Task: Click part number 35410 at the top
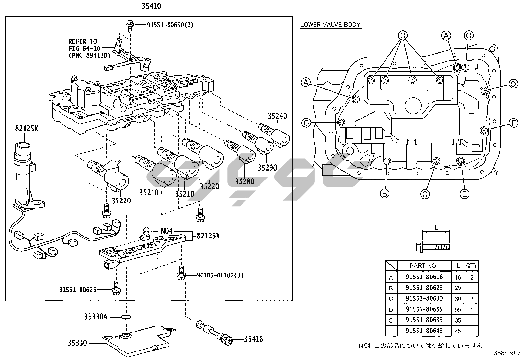pyautogui.click(x=151, y=6)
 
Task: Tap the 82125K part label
pyautogui.click(x=27, y=128)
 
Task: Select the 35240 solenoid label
pyautogui.click(x=277, y=116)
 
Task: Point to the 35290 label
pyautogui.click(x=267, y=168)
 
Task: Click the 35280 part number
pyautogui.click(x=244, y=181)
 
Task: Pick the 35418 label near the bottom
pyautogui.click(x=253, y=339)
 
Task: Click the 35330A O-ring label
pyautogui.click(x=96, y=317)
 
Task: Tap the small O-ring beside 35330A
pyautogui.click(x=126, y=317)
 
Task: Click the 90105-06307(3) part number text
pyautogui.click(x=220, y=275)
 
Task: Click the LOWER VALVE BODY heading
pyautogui.click(x=330, y=25)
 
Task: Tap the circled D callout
pyautogui.click(x=513, y=84)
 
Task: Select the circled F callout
pyautogui.click(x=513, y=123)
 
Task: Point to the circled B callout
pyautogui.click(x=385, y=194)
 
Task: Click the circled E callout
pyautogui.click(x=464, y=194)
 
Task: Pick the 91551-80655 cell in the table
pyautogui.click(x=424, y=309)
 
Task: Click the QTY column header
pyautogui.click(x=472, y=265)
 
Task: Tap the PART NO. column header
pyautogui.click(x=423, y=265)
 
